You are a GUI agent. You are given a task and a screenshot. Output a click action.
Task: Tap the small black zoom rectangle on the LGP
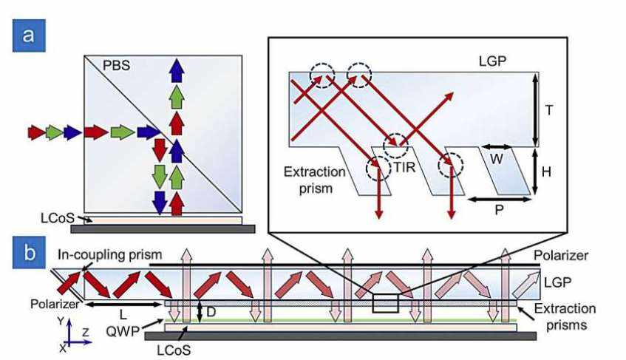385,305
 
